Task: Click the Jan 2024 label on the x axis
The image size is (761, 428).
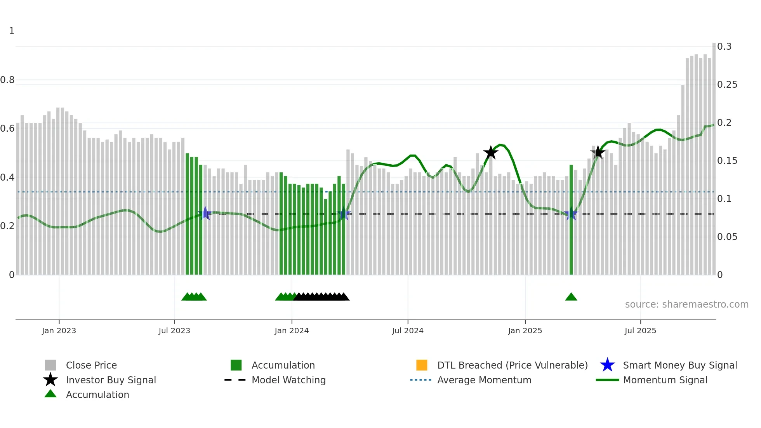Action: (x=292, y=331)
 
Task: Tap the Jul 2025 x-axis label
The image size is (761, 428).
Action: (x=640, y=331)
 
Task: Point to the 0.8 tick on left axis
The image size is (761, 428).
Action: (x=7, y=80)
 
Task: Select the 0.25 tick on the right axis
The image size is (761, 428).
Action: (x=727, y=85)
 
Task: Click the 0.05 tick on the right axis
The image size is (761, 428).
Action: (x=727, y=237)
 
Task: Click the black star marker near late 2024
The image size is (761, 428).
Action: (x=491, y=153)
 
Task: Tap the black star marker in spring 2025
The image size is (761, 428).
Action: (x=598, y=152)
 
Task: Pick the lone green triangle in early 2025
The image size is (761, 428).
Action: (x=571, y=297)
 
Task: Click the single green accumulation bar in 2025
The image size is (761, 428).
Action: (x=571, y=219)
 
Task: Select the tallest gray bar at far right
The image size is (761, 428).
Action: (x=714, y=155)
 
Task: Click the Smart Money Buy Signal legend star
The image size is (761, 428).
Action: (x=607, y=365)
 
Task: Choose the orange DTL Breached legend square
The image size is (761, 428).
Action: (x=422, y=365)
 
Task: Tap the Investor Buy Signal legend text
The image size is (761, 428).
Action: (x=111, y=380)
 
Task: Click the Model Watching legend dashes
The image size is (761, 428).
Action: (x=235, y=380)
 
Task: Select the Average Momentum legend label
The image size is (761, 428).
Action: (x=484, y=380)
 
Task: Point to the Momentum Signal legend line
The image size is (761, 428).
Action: (x=607, y=380)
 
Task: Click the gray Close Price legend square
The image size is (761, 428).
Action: (x=50, y=365)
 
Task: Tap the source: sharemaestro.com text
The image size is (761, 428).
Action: (x=686, y=304)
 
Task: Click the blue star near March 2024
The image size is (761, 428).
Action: (x=343, y=214)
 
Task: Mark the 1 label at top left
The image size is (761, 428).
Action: (x=12, y=31)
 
